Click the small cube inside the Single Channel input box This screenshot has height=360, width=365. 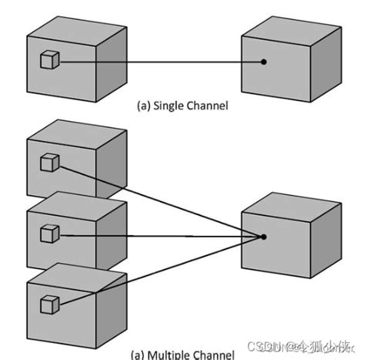click(49, 59)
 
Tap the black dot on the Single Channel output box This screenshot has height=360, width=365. click(264, 62)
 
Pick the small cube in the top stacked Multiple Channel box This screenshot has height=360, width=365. click(49, 162)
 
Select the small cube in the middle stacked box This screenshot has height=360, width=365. click(49, 231)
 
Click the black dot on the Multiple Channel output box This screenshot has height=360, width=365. click(264, 237)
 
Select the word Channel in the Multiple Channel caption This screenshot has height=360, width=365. click(213, 355)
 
